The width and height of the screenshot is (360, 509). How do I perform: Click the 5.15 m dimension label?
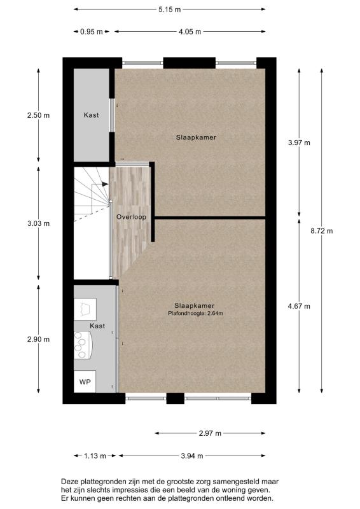coord(169,10)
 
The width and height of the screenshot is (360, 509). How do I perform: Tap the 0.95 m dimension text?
coord(91,31)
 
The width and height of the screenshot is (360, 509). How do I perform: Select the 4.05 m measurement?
coord(190,31)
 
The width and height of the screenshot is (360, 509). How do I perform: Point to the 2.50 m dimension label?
coord(38,115)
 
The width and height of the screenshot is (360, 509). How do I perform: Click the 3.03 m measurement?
coord(38,223)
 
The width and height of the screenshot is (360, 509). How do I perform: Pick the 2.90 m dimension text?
coord(38,339)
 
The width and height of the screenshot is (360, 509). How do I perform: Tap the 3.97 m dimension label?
coord(300,143)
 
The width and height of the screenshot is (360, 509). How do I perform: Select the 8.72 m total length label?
coord(322,231)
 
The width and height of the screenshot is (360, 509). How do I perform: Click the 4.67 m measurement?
coord(300,306)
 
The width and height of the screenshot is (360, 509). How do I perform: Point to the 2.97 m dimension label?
coord(209,433)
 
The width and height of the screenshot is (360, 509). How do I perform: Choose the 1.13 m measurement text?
coord(95,456)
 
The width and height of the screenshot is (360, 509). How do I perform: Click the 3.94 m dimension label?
coord(191,456)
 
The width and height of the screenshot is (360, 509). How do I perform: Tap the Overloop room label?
coord(131,217)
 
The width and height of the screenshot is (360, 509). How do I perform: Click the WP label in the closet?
coord(85,382)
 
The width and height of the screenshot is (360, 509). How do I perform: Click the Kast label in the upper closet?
coord(92,115)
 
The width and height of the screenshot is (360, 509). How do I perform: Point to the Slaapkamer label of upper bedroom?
coord(191,137)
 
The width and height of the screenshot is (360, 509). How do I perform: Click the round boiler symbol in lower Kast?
coord(80,344)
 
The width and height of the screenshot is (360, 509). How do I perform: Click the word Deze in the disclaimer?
coord(69,482)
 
